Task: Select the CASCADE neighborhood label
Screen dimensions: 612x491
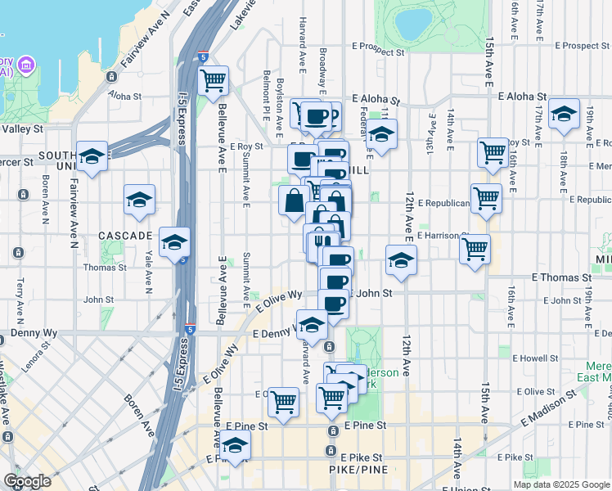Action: pyautogui.click(x=125, y=236)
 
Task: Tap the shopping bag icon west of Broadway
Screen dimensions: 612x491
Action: pyautogui.click(x=294, y=200)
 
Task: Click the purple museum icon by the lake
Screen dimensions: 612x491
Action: pyautogui.click(x=26, y=65)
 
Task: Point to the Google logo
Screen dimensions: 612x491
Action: pyautogui.click(x=27, y=481)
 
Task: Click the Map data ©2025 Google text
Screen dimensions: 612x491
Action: pyautogui.click(x=561, y=484)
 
